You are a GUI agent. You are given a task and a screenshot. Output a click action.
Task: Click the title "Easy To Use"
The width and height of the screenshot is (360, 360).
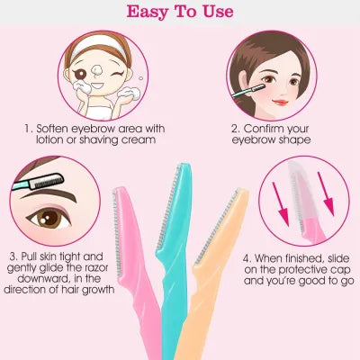coord(179,13)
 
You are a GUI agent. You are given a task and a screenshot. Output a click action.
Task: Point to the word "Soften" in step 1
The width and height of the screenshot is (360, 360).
coord(56,128)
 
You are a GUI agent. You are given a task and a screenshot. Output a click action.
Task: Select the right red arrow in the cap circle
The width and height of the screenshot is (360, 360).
coord(329,203)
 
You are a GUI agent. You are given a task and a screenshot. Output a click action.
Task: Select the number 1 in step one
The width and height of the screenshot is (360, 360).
coord(29,128)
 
